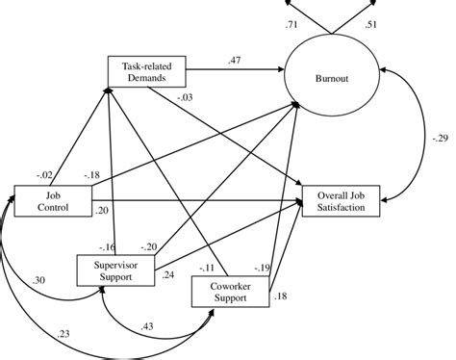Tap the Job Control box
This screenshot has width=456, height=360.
click(x=53, y=199)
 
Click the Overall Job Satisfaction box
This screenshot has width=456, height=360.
click(x=341, y=200)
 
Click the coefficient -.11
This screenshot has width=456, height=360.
click(x=205, y=268)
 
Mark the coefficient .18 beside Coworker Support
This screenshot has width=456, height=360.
click(x=281, y=296)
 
